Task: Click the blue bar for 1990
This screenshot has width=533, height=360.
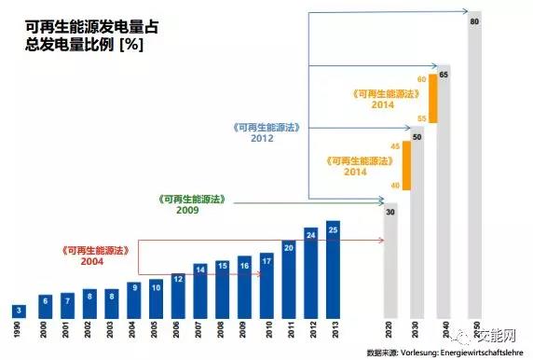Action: (19, 311)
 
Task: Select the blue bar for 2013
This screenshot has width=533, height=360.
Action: (335, 270)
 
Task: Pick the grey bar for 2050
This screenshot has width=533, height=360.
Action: (475, 168)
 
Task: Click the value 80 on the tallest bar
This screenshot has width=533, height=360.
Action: (475, 20)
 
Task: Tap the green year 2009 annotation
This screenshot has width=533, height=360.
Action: (188, 211)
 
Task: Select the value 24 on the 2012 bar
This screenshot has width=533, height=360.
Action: (311, 233)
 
